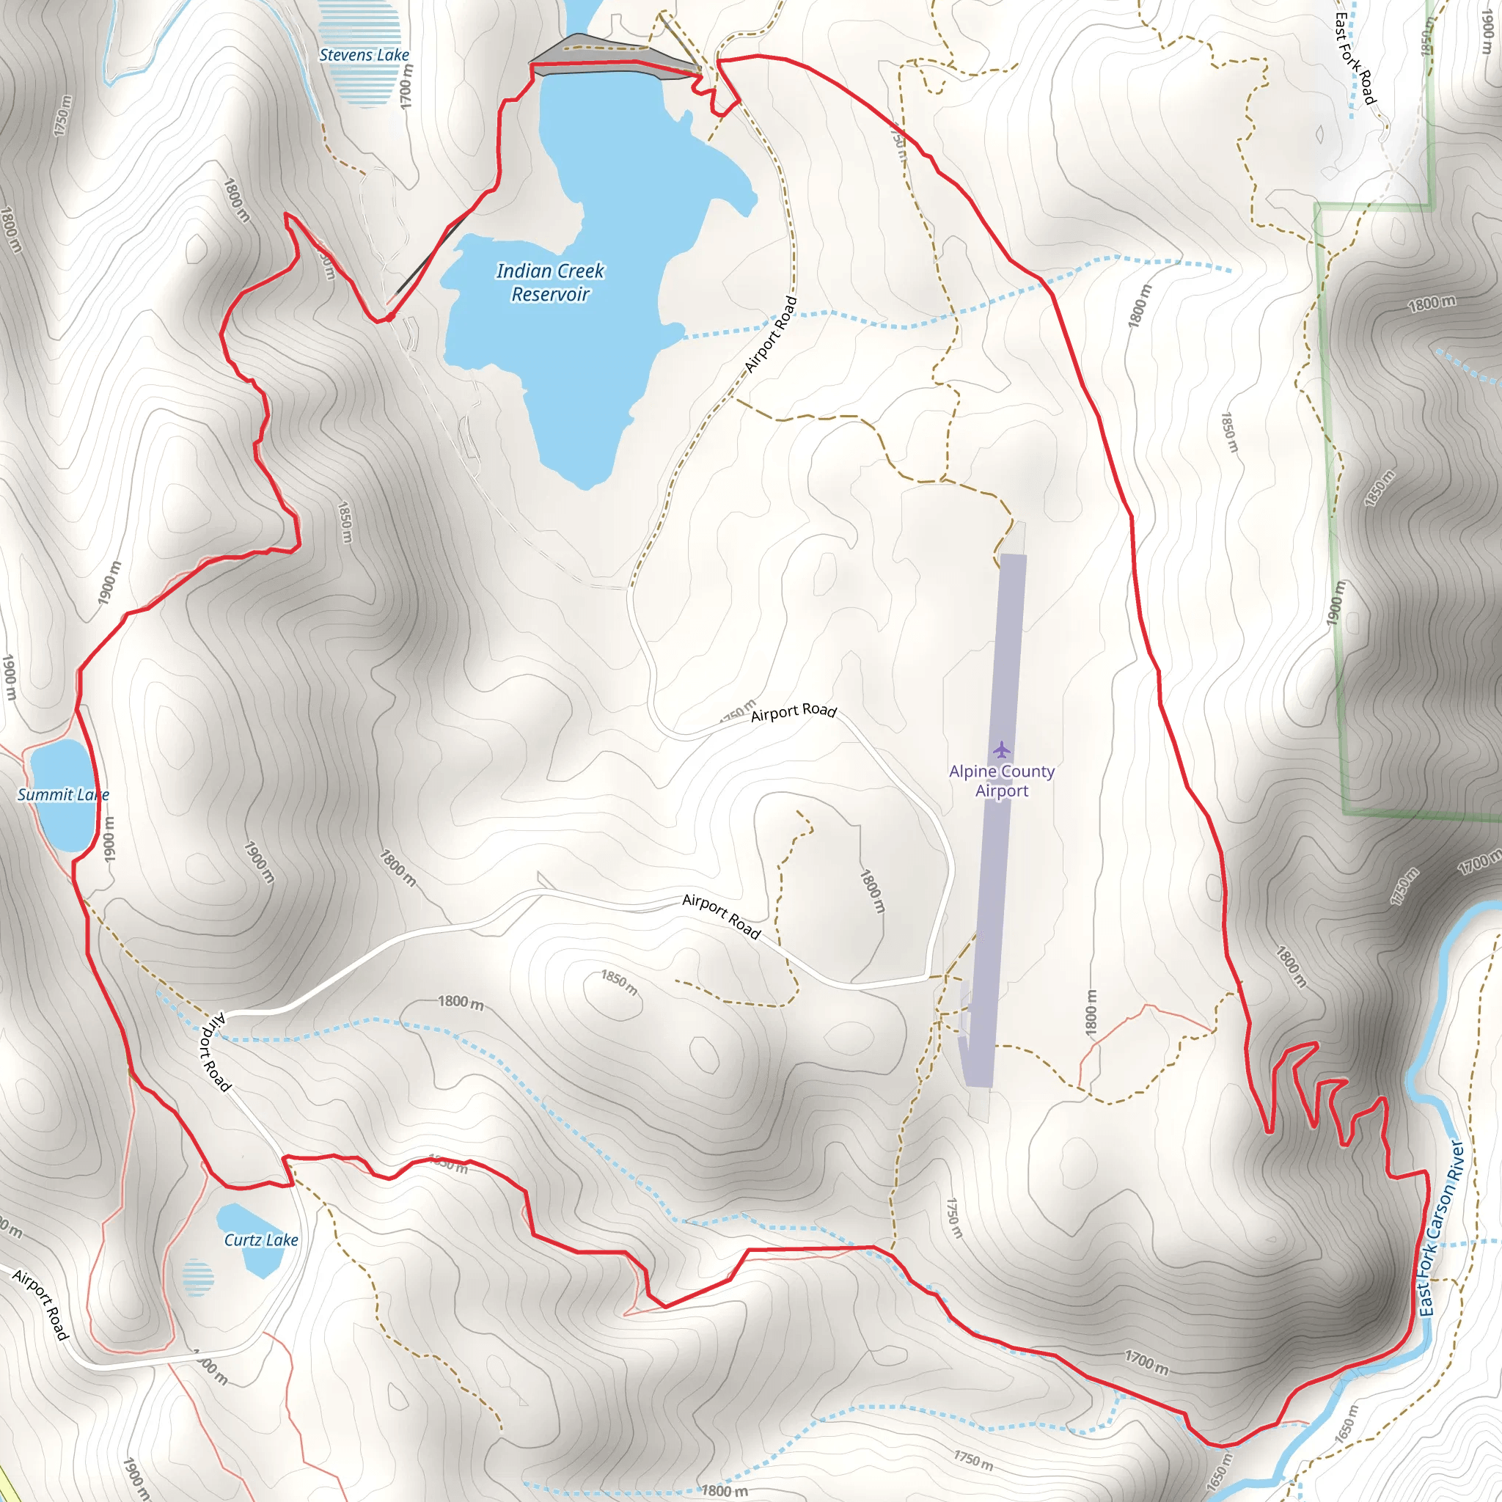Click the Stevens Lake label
coord(364,55)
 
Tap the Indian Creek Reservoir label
coord(551,282)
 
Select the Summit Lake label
coord(62,794)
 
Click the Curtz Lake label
coord(261,1240)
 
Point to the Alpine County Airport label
coord(1001,781)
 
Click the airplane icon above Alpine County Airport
coord(1001,750)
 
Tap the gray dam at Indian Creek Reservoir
coord(614,59)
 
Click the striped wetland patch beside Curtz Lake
coord(198,1278)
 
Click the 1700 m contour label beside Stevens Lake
coord(406,86)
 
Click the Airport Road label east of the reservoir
coord(771,334)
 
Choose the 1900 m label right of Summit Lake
coord(109,838)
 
